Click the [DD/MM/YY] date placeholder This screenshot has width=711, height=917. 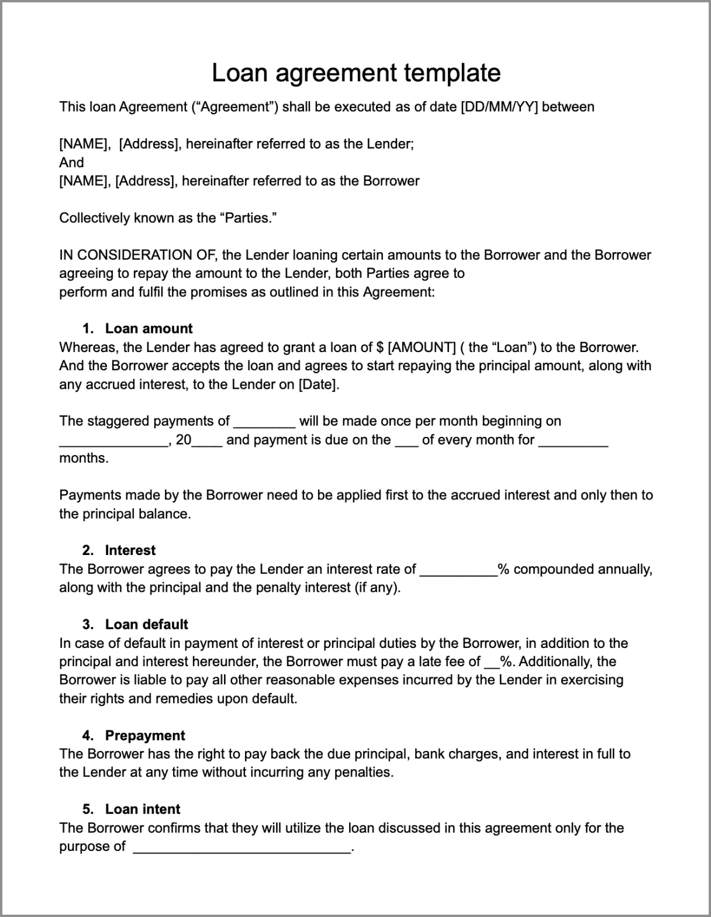[499, 107]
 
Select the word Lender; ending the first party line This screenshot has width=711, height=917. [391, 144]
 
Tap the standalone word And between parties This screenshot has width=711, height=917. [71, 163]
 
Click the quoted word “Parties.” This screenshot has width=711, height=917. [248, 218]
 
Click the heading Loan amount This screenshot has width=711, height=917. [149, 329]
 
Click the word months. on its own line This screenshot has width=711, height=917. [84, 458]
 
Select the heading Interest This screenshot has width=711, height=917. [130, 550]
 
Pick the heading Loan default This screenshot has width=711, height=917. [146, 625]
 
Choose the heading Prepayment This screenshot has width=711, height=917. [145, 736]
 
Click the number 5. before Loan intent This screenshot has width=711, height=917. [88, 809]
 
